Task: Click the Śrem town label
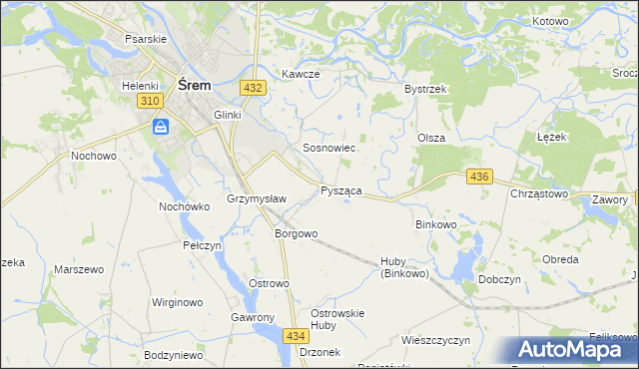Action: click(x=193, y=86)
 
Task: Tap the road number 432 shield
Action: click(x=253, y=88)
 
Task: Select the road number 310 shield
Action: click(x=151, y=102)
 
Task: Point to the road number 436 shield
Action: click(x=479, y=177)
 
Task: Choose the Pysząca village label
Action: click(x=340, y=189)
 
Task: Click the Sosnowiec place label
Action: click(x=329, y=148)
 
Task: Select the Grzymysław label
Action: click(x=257, y=198)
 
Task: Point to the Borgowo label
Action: click(x=296, y=234)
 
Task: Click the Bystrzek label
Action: click(x=424, y=90)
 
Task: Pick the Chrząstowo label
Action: click(x=539, y=193)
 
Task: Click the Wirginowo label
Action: click(x=177, y=301)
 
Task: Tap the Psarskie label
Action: click(x=145, y=38)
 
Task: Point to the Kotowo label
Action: click(x=551, y=22)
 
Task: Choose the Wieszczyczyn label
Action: click(x=435, y=340)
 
